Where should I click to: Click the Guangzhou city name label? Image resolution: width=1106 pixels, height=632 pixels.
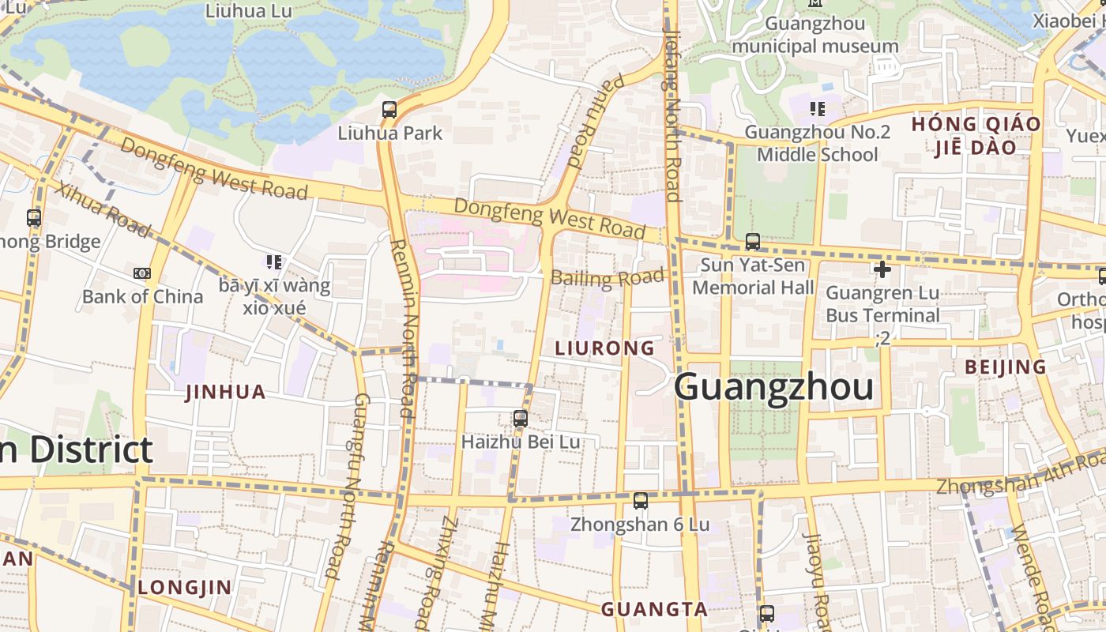pyautogui.click(x=773, y=388)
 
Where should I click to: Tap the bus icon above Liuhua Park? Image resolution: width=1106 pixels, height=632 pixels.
pyautogui.click(x=389, y=110)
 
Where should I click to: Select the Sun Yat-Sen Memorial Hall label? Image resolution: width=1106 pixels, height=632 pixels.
pyautogui.click(x=752, y=276)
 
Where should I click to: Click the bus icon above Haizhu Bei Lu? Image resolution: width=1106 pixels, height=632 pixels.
pyautogui.click(x=520, y=419)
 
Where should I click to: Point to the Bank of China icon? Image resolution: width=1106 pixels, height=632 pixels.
pyautogui.click(x=142, y=273)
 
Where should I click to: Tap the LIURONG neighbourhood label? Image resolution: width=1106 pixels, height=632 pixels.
pyautogui.click(x=605, y=348)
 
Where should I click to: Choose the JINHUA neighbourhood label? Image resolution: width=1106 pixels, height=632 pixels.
pyautogui.click(x=225, y=392)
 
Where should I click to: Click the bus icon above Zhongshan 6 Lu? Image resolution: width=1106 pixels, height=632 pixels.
pyautogui.click(x=640, y=500)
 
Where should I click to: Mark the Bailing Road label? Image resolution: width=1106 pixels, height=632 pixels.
pyautogui.click(x=607, y=278)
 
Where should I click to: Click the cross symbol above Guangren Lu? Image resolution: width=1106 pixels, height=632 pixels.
pyautogui.click(x=882, y=269)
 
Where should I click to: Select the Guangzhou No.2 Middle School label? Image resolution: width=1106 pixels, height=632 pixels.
pyautogui.click(x=817, y=143)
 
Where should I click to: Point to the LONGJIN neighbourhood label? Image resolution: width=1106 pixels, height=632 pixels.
pyautogui.click(x=185, y=587)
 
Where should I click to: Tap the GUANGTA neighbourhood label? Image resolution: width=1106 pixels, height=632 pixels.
pyautogui.click(x=654, y=609)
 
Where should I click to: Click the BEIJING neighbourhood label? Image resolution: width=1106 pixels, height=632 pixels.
pyautogui.click(x=1005, y=367)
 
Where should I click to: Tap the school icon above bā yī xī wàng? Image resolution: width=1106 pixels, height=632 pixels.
pyautogui.click(x=273, y=261)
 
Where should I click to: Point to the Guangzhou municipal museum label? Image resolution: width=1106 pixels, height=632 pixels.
pyautogui.click(x=814, y=35)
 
